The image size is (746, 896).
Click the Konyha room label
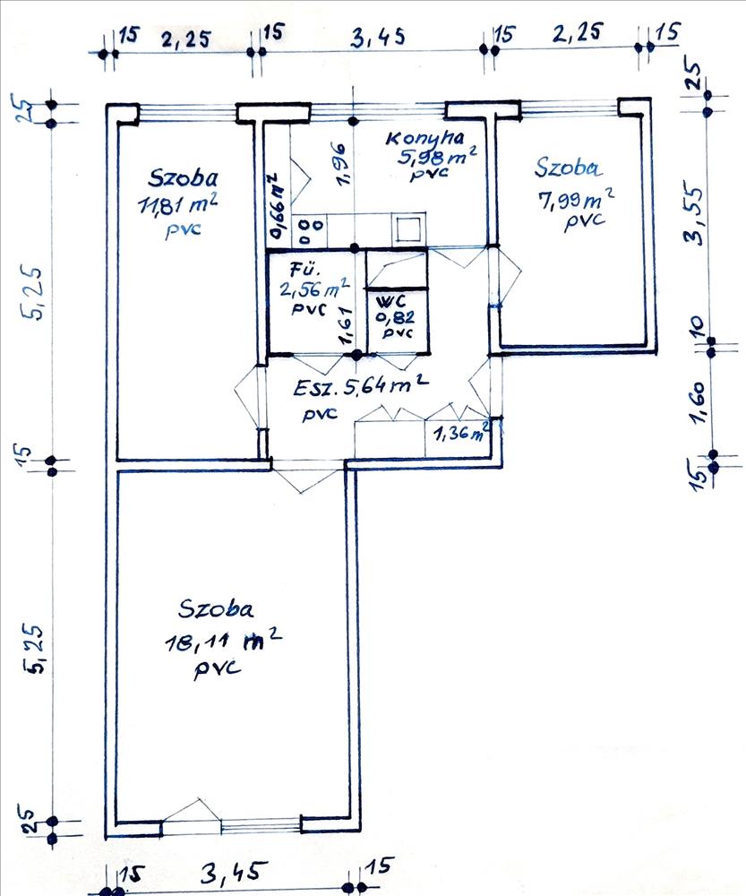pos(425,138)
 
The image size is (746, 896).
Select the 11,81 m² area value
pos(179,204)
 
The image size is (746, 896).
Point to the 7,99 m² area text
pos(577,201)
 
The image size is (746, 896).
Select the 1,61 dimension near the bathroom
pos(346,325)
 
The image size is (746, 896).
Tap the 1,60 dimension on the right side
pos(701,402)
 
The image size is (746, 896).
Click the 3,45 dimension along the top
pos(378,37)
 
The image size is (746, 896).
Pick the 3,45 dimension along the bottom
pos(233,873)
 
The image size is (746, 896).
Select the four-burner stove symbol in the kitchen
pos(311,231)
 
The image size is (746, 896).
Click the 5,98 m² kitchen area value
pos(438,157)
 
